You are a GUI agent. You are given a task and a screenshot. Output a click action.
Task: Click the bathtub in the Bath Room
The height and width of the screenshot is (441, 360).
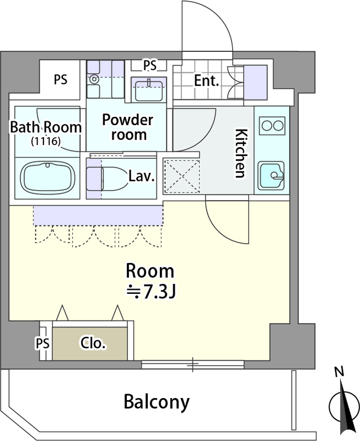coord(48,178)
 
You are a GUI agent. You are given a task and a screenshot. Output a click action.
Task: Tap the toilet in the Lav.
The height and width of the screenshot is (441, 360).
coord(106,179)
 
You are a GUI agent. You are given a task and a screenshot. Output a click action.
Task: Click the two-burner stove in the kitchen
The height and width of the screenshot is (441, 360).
coord(272,126)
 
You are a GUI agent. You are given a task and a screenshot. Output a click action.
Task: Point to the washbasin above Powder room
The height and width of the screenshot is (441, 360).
coord(148,90)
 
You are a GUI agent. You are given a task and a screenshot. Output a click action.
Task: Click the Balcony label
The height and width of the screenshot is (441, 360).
coord(157,402)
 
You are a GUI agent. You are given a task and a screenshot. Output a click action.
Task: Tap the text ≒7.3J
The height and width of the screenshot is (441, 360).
coord(151,292)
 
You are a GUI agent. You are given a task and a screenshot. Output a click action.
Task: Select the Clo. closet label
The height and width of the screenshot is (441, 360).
coord(93,343)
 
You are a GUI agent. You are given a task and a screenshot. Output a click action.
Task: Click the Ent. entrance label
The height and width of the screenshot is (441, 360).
coord(206,80)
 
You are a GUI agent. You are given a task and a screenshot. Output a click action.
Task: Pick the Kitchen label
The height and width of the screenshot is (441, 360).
coord(241,153)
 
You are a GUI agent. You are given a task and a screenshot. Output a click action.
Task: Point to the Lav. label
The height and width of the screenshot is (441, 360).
coord(142,176)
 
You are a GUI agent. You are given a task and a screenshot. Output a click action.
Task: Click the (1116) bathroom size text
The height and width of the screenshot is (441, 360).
coord(46,141)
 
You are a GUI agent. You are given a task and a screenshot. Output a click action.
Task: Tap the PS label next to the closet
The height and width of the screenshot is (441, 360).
coord(42,343)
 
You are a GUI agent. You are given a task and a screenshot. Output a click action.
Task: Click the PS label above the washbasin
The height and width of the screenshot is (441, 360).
coord(149,66)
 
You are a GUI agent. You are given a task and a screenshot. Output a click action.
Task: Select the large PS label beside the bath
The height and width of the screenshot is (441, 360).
coord(61,79)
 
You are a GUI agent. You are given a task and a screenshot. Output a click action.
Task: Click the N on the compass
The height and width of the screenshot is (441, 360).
coord(340,372)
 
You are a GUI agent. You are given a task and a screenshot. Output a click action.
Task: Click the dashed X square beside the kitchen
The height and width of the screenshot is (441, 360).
coord(182,176)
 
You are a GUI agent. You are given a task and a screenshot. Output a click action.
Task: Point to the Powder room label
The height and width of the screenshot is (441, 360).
coord(128,127)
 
